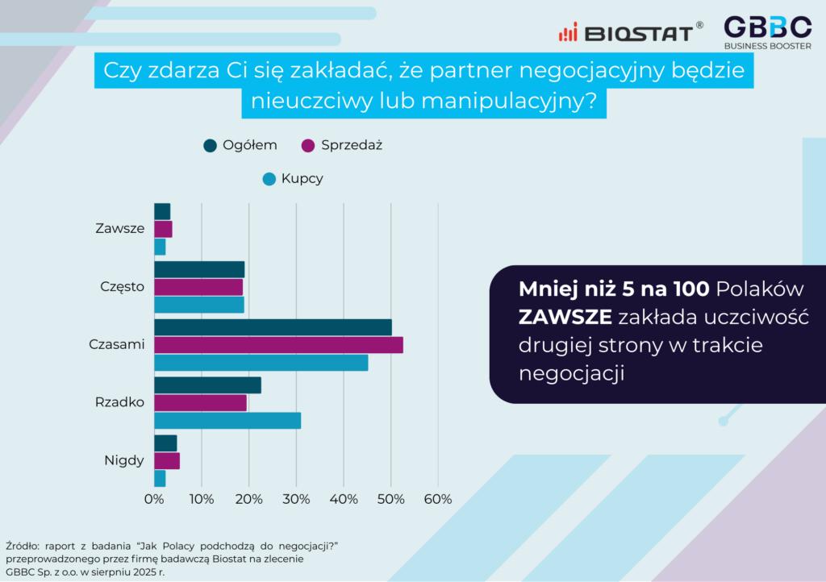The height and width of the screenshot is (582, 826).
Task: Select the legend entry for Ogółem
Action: pos(240,145)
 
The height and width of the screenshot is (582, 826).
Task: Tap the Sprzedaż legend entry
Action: pos(341,145)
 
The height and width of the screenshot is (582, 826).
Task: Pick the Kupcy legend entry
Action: pos(293,179)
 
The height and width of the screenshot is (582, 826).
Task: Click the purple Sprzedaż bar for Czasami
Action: pos(278,345)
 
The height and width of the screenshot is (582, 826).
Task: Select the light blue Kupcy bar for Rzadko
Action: pos(227,421)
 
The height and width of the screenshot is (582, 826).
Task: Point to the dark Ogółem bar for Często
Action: pos(199,269)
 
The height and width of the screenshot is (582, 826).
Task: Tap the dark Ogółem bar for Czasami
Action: pos(273,327)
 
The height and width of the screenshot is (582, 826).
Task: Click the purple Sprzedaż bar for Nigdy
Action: pos(167,461)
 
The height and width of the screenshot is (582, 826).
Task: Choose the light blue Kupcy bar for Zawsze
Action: pos(160,247)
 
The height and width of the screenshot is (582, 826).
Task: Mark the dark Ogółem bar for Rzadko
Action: pos(207,385)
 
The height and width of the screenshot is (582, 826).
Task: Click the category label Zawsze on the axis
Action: pos(119,228)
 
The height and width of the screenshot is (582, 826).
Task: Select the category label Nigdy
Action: pos(124,461)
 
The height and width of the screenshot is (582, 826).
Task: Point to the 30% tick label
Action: pos(296,499)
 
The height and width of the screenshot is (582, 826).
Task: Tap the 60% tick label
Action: pos(438,499)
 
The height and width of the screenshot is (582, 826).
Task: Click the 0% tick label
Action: pos(154,499)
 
